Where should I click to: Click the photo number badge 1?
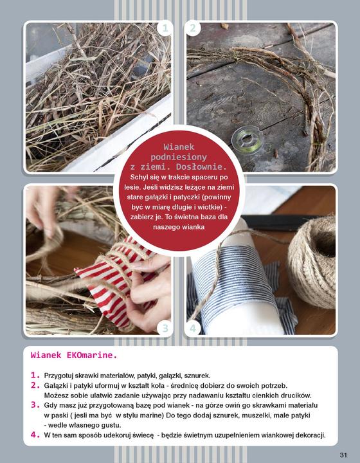[165, 28]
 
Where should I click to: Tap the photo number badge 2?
[193, 28]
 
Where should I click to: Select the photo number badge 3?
[165, 328]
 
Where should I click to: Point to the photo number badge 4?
[193, 328]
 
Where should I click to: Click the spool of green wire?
[248, 139]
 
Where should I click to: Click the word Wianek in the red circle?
[179, 147]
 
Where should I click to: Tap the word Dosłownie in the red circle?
[202, 167]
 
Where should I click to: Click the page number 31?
[343, 455]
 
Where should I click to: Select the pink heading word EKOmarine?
[92, 355]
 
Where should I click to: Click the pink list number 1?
[35, 376]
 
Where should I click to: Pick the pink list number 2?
[35, 385]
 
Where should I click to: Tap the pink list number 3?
[35, 405]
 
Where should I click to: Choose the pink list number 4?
[35, 435]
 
